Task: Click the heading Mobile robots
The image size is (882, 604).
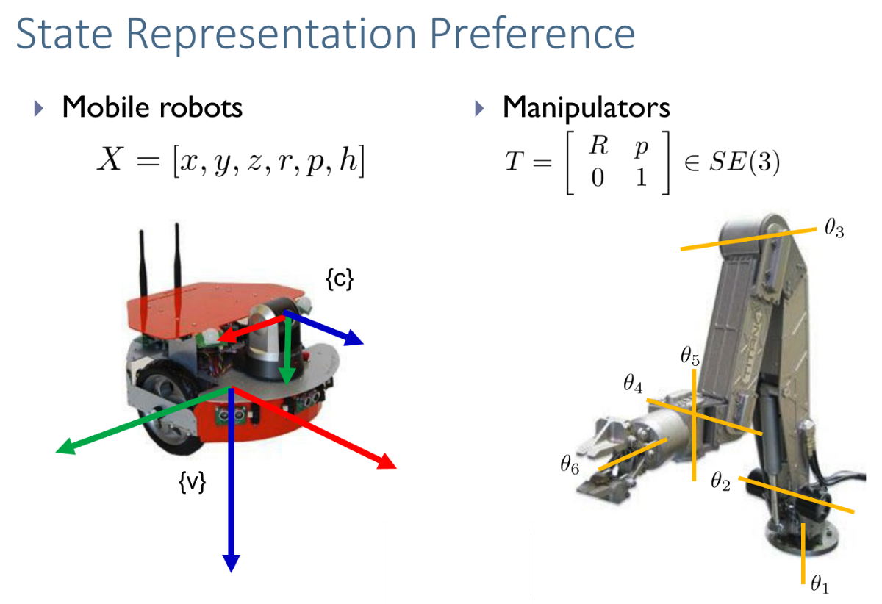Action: point(152,108)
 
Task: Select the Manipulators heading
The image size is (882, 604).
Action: point(586,108)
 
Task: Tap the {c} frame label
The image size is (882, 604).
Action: point(339,278)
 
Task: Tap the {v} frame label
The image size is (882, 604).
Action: point(193,483)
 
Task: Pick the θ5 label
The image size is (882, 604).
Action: point(690,358)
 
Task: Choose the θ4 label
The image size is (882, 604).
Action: point(633,383)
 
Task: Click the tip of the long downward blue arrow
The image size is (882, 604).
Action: point(232,569)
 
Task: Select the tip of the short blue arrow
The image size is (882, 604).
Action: point(362,342)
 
